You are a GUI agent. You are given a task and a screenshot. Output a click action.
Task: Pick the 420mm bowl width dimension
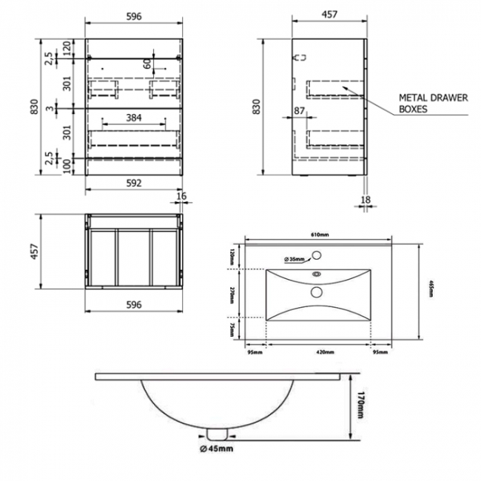click(x=318, y=351)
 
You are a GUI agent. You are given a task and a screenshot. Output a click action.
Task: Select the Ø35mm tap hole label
click(x=296, y=260)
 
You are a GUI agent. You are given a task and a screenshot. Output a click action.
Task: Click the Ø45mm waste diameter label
click(x=217, y=448)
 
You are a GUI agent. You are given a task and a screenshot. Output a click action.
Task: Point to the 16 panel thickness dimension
click(x=182, y=195)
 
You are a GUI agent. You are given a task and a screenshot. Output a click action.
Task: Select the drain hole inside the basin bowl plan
click(x=317, y=292)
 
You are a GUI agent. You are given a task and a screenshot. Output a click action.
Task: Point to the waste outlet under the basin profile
click(x=217, y=431)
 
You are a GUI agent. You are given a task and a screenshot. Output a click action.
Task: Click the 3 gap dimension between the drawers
click(x=48, y=109)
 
